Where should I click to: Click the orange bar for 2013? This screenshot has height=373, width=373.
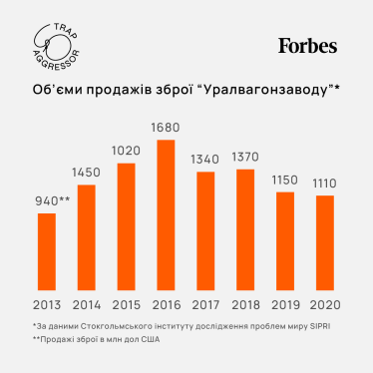coord(47,254)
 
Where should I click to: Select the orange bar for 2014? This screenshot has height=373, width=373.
coord(86,239)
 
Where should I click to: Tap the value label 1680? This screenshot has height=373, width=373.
coord(167,128)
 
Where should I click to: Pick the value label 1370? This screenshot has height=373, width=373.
coord(245,158)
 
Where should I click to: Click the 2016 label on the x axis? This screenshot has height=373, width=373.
coord(167,304)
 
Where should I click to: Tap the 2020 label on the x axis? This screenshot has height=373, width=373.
coord(324,304)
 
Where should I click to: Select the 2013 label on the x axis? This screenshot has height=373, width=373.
coord(47,304)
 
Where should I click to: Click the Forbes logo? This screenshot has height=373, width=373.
coord(307,46)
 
